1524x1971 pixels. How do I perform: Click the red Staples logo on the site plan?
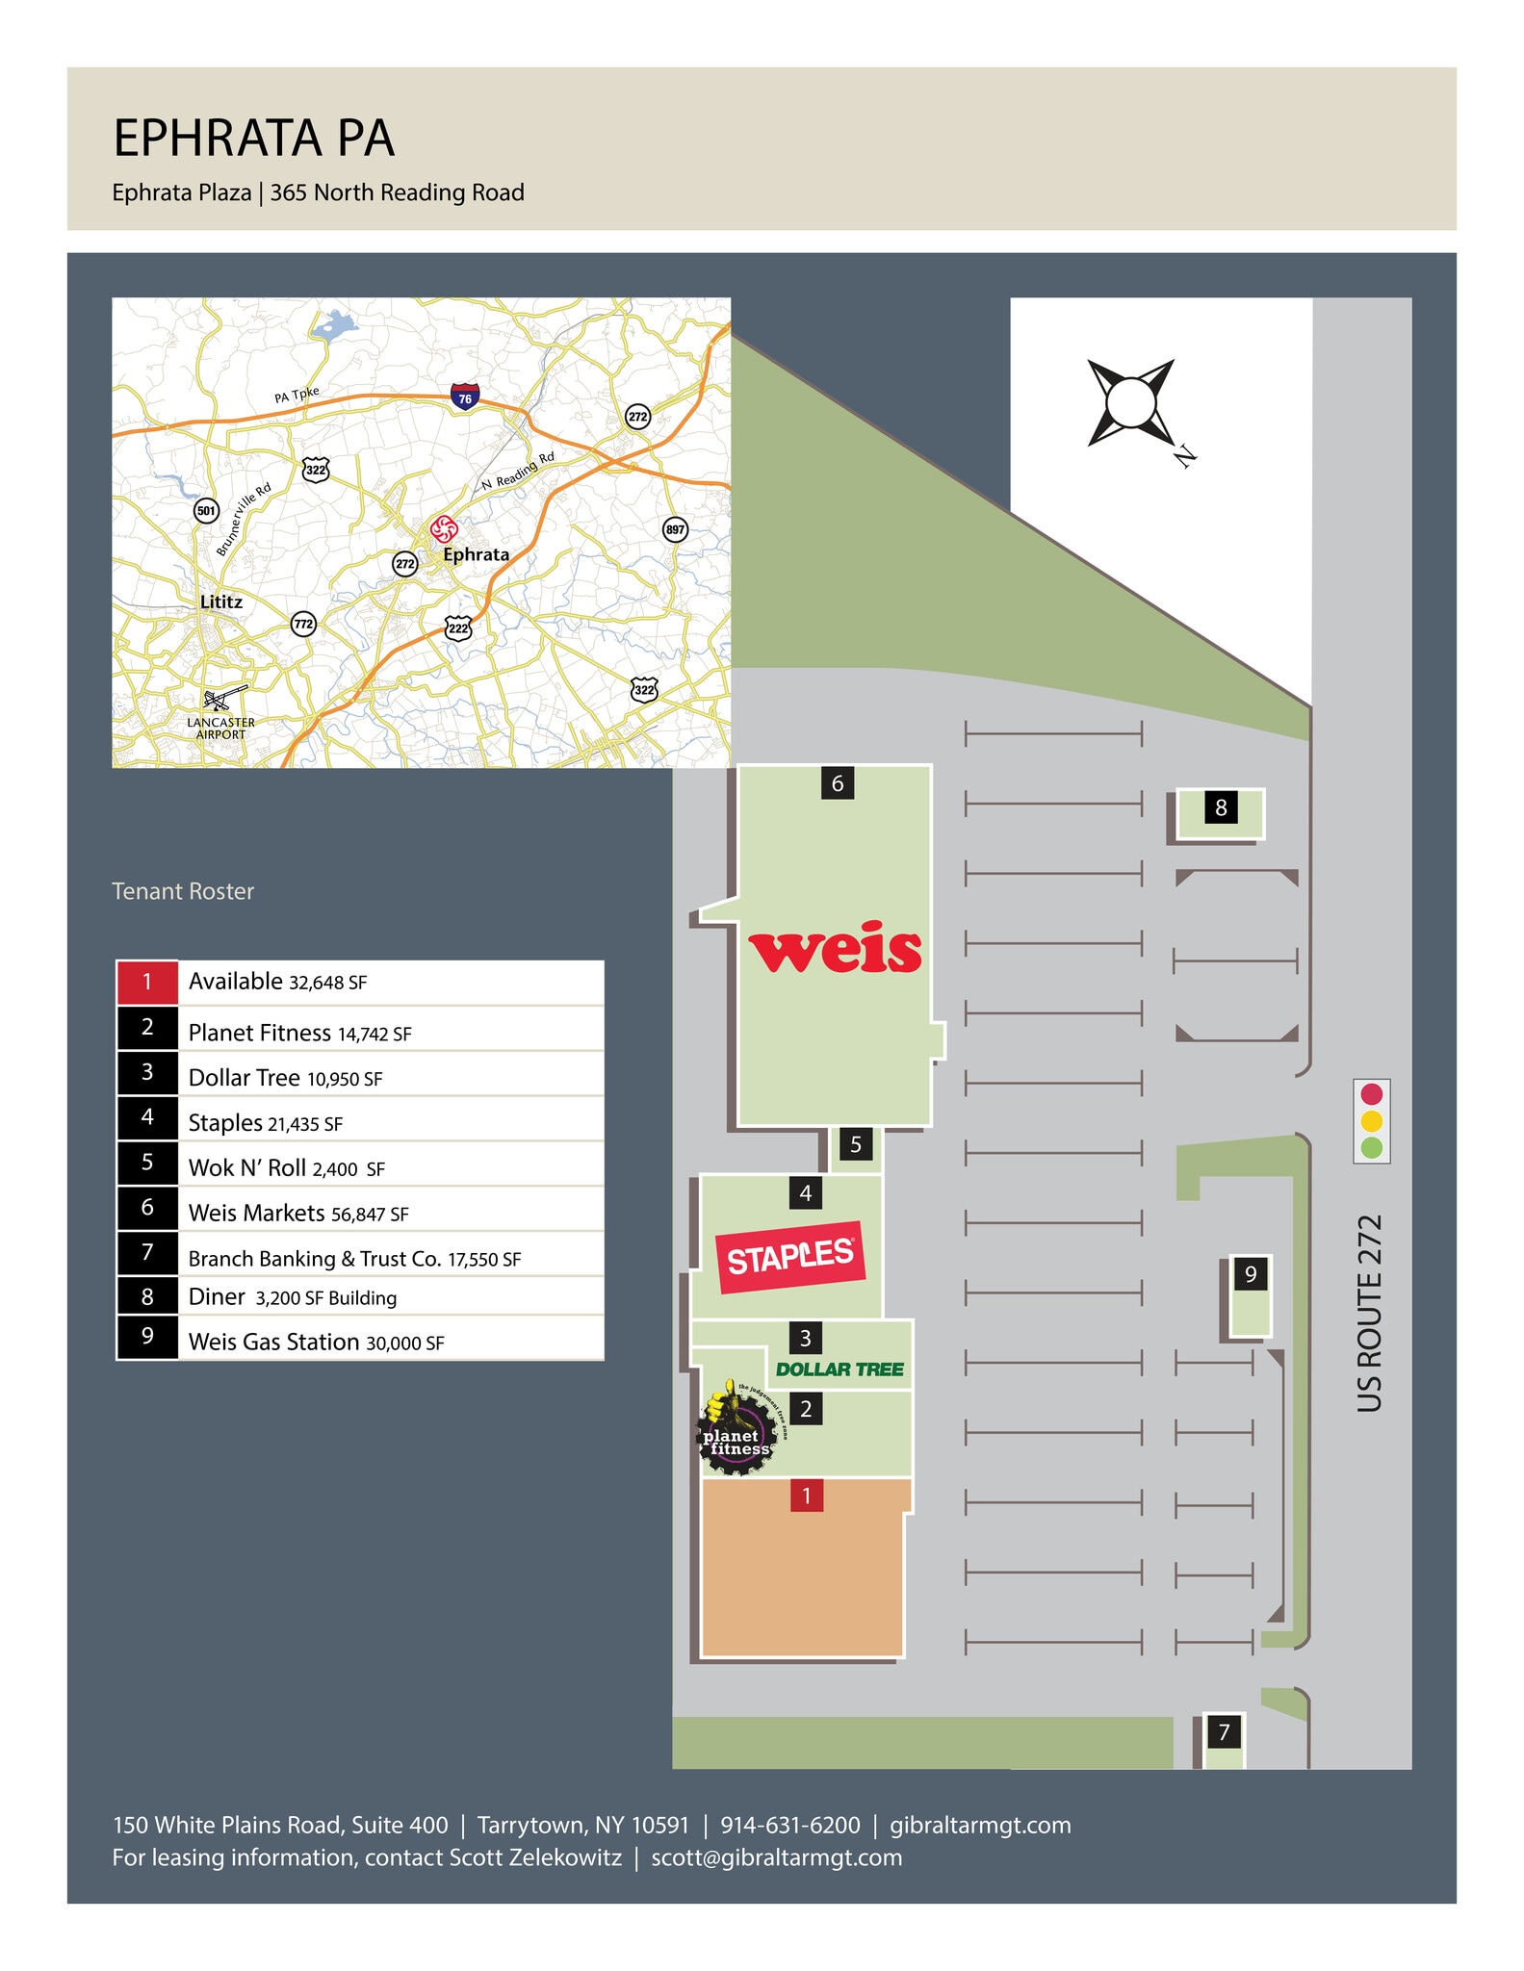pyautogui.click(x=790, y=1257)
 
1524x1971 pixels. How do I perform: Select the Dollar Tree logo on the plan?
pyautogui.click(x=839, y=1369)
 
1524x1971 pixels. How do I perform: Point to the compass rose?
pyautogui.click(x=1131, y=402)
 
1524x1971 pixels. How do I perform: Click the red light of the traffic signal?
pyautogui.click(x=1372, y=1094)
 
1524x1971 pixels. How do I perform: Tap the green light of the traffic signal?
pyautogui.click(x=1372, y=1147)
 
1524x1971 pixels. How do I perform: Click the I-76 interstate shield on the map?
pyautogui.click(x=465, y=397)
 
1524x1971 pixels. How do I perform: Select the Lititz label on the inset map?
pyautogui.click(x=221, y=602)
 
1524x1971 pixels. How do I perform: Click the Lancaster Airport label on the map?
pyautogui.click(x=221, y=728)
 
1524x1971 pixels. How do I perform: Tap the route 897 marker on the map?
pyautogui.click(x=675, y=529)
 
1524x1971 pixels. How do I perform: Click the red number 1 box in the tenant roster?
pyautogui.click(x=147, y=983)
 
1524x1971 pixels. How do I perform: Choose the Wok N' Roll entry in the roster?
pyautogui.click(x=286, y=1168)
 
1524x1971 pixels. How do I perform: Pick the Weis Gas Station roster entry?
pyautogui.click(x=316, y=1343)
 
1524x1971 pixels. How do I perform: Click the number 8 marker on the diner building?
pyautogui.click(x=1221, y=808)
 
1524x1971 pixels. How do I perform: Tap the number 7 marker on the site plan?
pyautogui.click(x=1224, y=1733)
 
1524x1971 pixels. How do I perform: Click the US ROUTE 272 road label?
pyautogui.click(x=1370, y=1314)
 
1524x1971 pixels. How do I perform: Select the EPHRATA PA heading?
pyautogui.click(x=254, y=139)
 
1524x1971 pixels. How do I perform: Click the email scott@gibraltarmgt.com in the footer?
pyautogui.click(x=777, y=1858)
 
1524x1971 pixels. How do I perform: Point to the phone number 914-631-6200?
pyautogui.click(x=790, y=1826)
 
